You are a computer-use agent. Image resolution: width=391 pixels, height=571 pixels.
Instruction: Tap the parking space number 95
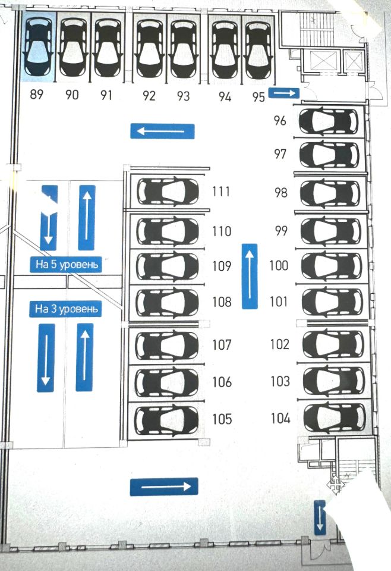click(258, 97)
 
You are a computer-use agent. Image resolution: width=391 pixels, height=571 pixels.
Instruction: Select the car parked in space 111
click(168, 192)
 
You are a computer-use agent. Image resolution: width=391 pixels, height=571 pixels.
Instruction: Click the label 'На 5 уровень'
click(66, 264)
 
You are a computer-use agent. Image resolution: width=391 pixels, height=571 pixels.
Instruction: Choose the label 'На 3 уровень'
click(66, 309)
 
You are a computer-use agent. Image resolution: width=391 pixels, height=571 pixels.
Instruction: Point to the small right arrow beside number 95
click(284, 92)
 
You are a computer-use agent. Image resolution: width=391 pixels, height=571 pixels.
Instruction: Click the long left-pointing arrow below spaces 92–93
click(162, 131)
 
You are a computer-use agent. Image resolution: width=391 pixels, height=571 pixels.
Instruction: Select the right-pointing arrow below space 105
click(163, 487)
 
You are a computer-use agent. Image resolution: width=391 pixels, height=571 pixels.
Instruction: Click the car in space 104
click(333, 417)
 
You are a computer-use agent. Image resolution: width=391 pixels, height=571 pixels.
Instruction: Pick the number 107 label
click(222, 344)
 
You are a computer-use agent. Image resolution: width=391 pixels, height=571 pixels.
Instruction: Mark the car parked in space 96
click(329, 121)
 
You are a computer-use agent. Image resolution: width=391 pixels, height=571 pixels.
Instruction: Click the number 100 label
click(279, 265)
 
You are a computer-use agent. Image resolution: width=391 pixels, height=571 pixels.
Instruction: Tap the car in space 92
click(149, 49)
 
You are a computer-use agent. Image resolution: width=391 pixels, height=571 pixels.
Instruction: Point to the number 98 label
click(281, 193)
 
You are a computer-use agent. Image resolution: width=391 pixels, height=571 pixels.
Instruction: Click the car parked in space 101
click(332, 302)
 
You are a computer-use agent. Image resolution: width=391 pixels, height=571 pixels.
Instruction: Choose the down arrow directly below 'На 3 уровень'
click(46, 357)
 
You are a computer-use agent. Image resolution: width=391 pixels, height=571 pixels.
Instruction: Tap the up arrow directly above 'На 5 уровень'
click(87, 217)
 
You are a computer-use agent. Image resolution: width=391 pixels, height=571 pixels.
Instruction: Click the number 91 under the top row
click(106, 95)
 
